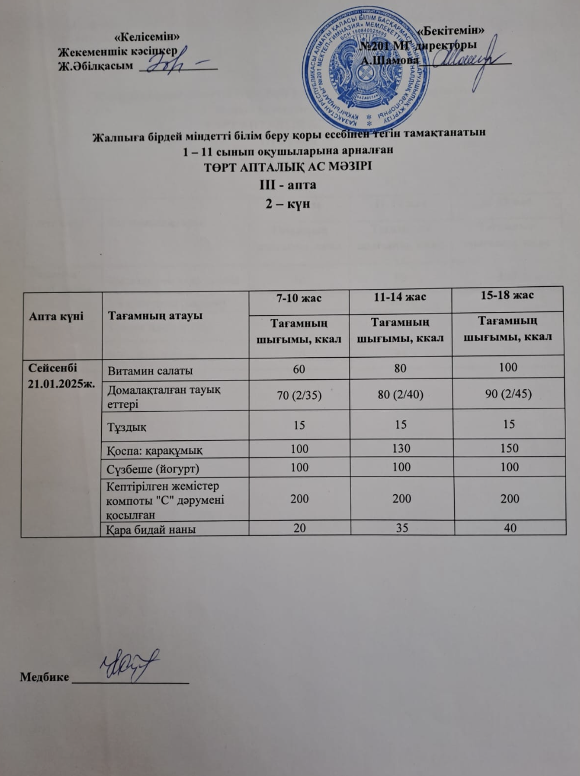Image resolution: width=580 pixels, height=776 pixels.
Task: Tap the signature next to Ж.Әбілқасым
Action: coord(174,61)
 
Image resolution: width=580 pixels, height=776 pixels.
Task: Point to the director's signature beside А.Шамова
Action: coord(466,59)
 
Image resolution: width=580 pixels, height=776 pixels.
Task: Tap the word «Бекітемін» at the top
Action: coord(453,29)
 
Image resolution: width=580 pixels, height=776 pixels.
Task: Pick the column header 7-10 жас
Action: coord(299,298)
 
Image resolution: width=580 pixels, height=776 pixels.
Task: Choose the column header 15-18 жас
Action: coord(507,295)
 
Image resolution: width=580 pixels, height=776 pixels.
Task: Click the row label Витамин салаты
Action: coord(150,371)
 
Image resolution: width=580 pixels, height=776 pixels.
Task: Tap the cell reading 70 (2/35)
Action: coord(299,394)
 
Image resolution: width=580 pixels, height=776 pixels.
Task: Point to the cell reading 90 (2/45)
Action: coord(508,393)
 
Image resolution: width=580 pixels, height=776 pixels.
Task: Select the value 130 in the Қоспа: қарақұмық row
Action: coord(401,448)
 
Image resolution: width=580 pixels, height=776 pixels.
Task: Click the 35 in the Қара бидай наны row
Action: coord(402,528)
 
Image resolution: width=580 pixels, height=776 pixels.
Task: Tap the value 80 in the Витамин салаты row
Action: coord(399,368)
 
